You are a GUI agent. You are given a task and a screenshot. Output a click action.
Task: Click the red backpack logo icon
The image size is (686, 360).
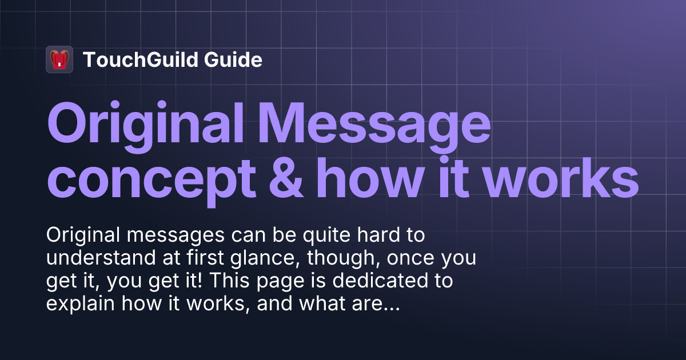[x=59, y=59]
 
